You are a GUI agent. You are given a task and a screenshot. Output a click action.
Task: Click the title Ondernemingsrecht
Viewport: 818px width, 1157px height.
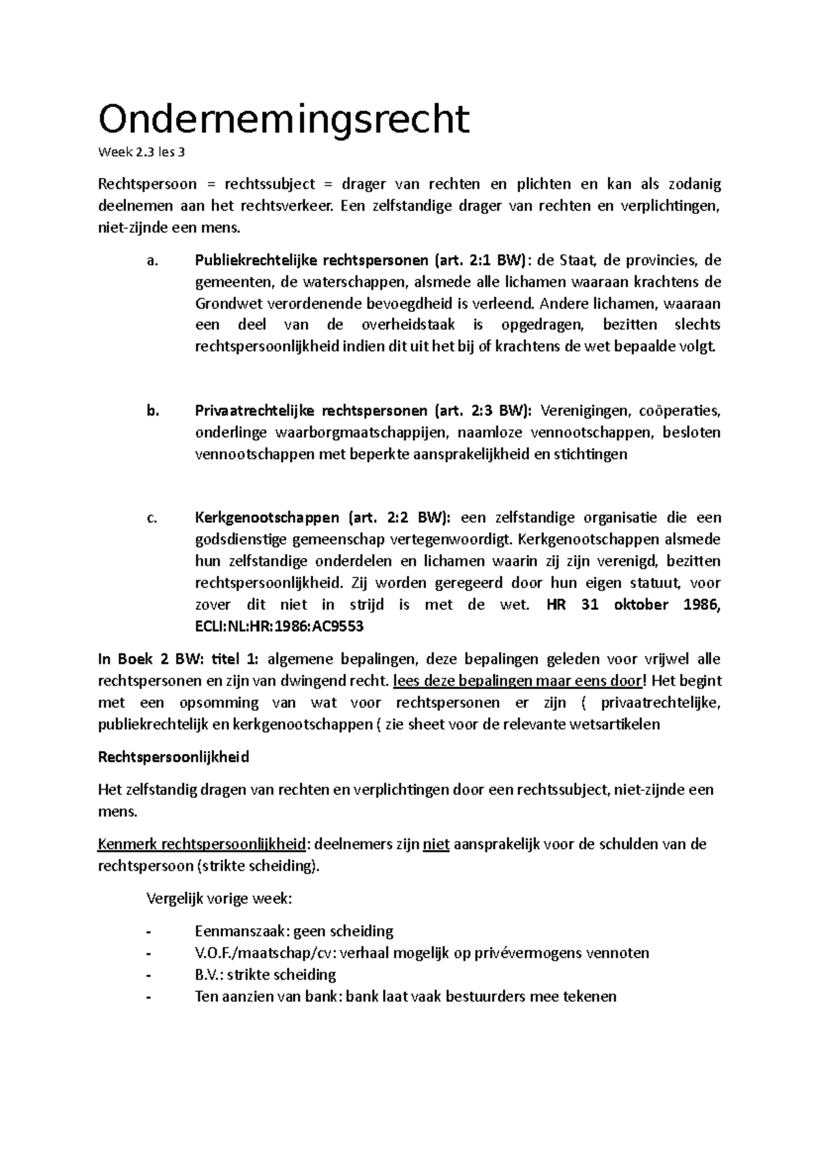pos(284,119)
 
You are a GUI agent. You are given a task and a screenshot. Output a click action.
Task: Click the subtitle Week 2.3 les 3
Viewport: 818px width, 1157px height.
pos(141,152)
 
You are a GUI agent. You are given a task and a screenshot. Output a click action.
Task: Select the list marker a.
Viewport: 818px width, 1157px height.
pos(151,260)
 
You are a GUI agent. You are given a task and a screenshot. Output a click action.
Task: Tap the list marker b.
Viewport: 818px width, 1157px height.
pos(152,411)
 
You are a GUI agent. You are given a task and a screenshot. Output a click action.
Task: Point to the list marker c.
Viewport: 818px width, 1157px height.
pos(151,518)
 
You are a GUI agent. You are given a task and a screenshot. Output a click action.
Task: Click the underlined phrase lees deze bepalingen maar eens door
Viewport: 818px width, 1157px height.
pos(517,681)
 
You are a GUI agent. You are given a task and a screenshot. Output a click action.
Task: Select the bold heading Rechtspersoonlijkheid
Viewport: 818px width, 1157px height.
pos(174,757)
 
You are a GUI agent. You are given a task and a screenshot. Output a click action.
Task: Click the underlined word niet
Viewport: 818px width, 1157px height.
pos(436,844)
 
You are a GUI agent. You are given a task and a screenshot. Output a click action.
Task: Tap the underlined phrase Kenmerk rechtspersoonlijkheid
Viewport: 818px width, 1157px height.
pos(202,844)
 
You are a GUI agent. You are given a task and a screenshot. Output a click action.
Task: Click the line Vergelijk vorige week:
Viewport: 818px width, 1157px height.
pos(219,898)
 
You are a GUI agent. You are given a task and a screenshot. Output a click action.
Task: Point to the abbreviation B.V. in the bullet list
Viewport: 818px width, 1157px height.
pos(208,975)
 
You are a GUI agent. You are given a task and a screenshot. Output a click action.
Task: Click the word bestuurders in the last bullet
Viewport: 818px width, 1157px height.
pos(489,997)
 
